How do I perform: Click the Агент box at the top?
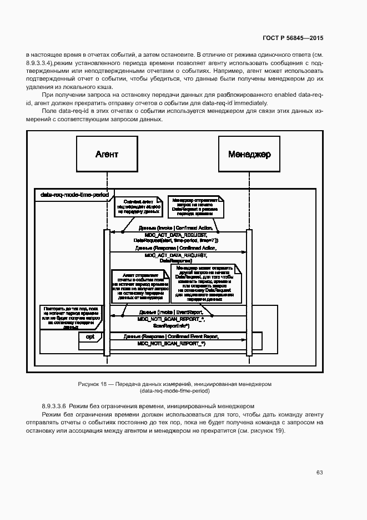[107, 154]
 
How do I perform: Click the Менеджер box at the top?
[249, 154]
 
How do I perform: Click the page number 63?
[320, 473]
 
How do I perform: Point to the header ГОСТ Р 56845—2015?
[293, 38]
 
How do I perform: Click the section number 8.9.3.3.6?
[58, 407]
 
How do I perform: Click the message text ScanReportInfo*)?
[175, 326]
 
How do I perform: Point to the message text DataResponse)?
[175, 261]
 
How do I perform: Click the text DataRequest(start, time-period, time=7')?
[175, 240]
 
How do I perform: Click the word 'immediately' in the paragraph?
[252, 103]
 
